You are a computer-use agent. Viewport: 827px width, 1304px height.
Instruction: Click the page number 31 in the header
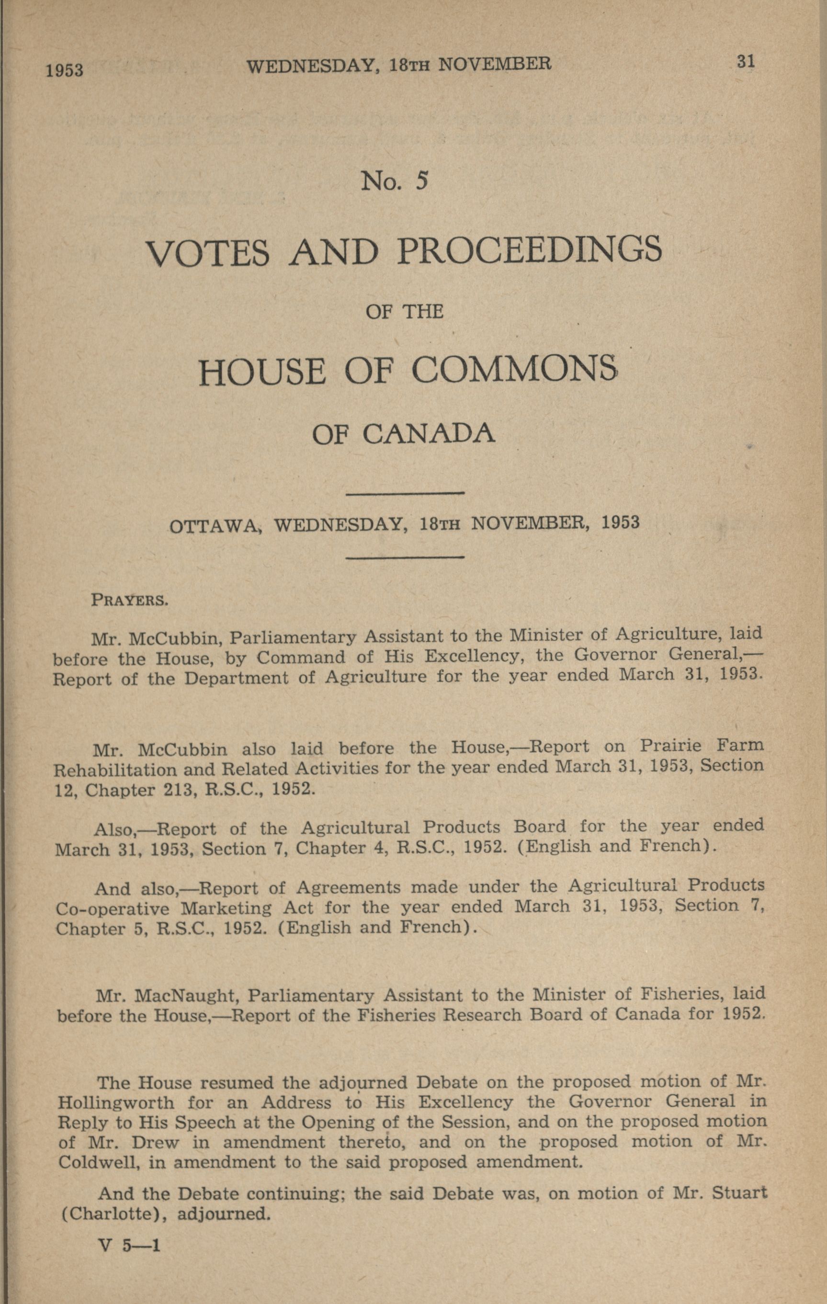[745, 62]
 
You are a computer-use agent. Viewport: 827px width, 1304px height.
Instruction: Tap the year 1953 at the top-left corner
[65, 70]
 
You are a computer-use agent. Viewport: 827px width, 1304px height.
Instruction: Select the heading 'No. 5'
[395, 181]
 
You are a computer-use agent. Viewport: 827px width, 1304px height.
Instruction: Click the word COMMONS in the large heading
[514, 372]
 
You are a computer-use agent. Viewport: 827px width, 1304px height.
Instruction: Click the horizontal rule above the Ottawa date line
[405, 493]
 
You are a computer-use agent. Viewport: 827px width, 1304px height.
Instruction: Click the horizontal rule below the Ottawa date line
[405, 556]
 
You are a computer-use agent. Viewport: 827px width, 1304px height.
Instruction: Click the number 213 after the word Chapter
[181, 790]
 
